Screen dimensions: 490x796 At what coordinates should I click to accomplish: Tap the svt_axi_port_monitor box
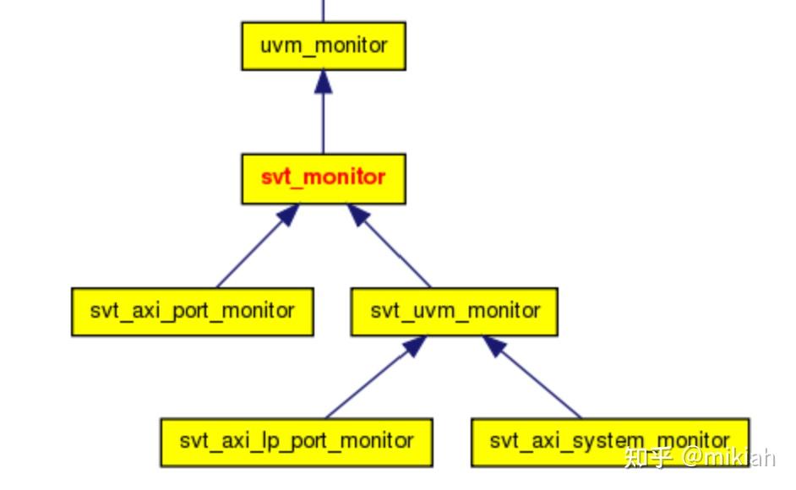coord(193,311)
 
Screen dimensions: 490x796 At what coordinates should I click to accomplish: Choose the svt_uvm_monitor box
coord(454,311)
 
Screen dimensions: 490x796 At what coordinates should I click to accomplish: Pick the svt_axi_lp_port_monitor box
coord(297,441)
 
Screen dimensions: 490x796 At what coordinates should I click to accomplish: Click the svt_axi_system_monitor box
coord(609,441)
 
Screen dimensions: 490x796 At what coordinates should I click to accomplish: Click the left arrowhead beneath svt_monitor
coord(288,215)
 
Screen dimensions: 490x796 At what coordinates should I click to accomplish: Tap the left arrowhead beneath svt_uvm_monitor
coord(413,346)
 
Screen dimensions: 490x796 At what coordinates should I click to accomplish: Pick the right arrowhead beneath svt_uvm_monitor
coord(493,346)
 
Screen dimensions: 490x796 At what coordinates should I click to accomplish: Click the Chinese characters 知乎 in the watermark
coord(648,458)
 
